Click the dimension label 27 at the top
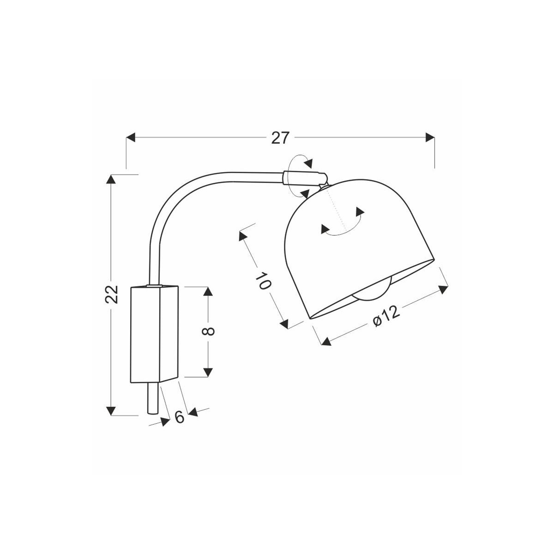pyautogui.click(x=280, y=138)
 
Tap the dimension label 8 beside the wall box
pyautogui.click(x=209, y=331)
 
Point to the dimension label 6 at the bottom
pyautogui.click(x=180, y=416)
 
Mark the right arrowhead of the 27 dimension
pyautogui.click(x=429, y=137)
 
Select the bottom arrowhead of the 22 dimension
pyautogui.click(x=111, y=410)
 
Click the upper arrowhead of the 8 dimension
pyautogui.click(x=208, y=291)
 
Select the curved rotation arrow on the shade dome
pyautogui.click(x=343, y=226)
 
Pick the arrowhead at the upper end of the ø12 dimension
pyautogui.click(x=442, y=289)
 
